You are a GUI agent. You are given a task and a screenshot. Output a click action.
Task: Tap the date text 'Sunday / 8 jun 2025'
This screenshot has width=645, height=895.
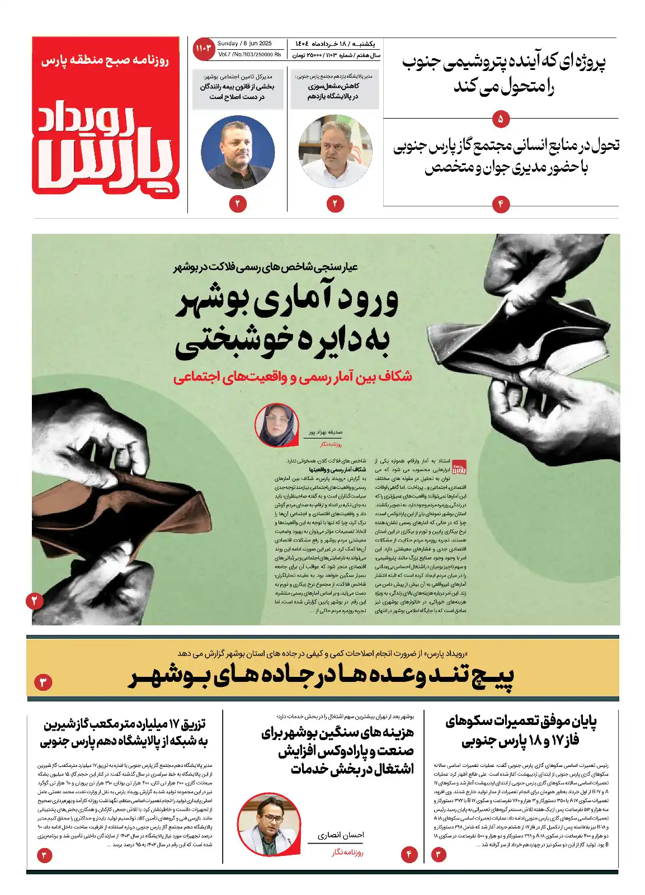pos(244,44)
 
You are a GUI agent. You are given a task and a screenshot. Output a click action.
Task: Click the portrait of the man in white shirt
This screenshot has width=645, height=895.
pos(335,152)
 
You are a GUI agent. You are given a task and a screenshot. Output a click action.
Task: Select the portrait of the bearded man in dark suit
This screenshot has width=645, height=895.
pos(237,152)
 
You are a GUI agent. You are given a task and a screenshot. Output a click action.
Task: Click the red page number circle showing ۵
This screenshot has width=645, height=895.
pos(500,119)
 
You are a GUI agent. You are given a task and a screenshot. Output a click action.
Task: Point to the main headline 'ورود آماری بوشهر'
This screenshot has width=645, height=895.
pos(286,302)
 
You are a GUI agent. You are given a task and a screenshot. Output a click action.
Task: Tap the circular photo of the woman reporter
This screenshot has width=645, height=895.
pos(276,425)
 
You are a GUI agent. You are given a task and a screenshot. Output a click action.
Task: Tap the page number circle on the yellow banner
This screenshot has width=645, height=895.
pos(43,682)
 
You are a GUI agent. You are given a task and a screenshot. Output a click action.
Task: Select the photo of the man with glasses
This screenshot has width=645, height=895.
pos(269,823)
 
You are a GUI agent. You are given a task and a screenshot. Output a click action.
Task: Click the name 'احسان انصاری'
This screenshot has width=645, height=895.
pos(341,835)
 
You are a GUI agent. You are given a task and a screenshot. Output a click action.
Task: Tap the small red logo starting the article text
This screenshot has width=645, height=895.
pos(459,467)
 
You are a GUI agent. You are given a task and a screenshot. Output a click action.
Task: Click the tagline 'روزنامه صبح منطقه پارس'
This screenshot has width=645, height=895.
pos(105,60)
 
